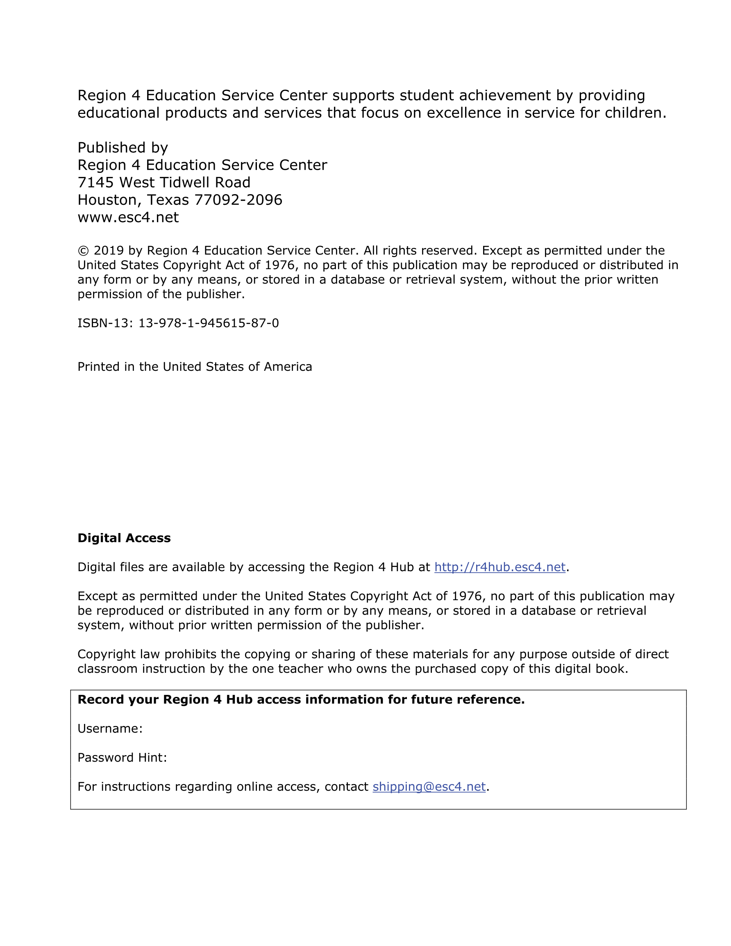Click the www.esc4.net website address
pyautogui.click(x=128, y=217)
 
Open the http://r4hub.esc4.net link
pyautogui.click(x=499, y=567)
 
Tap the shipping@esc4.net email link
pyautogui.click(x=429, y=787)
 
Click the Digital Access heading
pyautogui.click(x=124, y=538)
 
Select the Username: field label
pyautogui.click(x=110, y=728)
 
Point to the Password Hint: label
pyautogui.click(x=122, y=758)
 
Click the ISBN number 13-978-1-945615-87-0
pyautogui.click(x=209, y=323)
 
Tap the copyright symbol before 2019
pyautogui.click(x=83, y=251)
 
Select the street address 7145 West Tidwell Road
pyautogui.click(x=164, y=182)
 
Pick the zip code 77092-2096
pyautogui.click(x=238, y=200)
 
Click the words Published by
pyautogui.click(x=123, y=148)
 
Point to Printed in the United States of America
pyautogui.click(x=195, y=367)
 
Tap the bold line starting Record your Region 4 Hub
pyautogui.click(x=301, y=699)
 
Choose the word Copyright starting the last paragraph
pyautogui.click(x=107, y=654)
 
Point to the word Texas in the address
pyautogui.click(x=168, y=200)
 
